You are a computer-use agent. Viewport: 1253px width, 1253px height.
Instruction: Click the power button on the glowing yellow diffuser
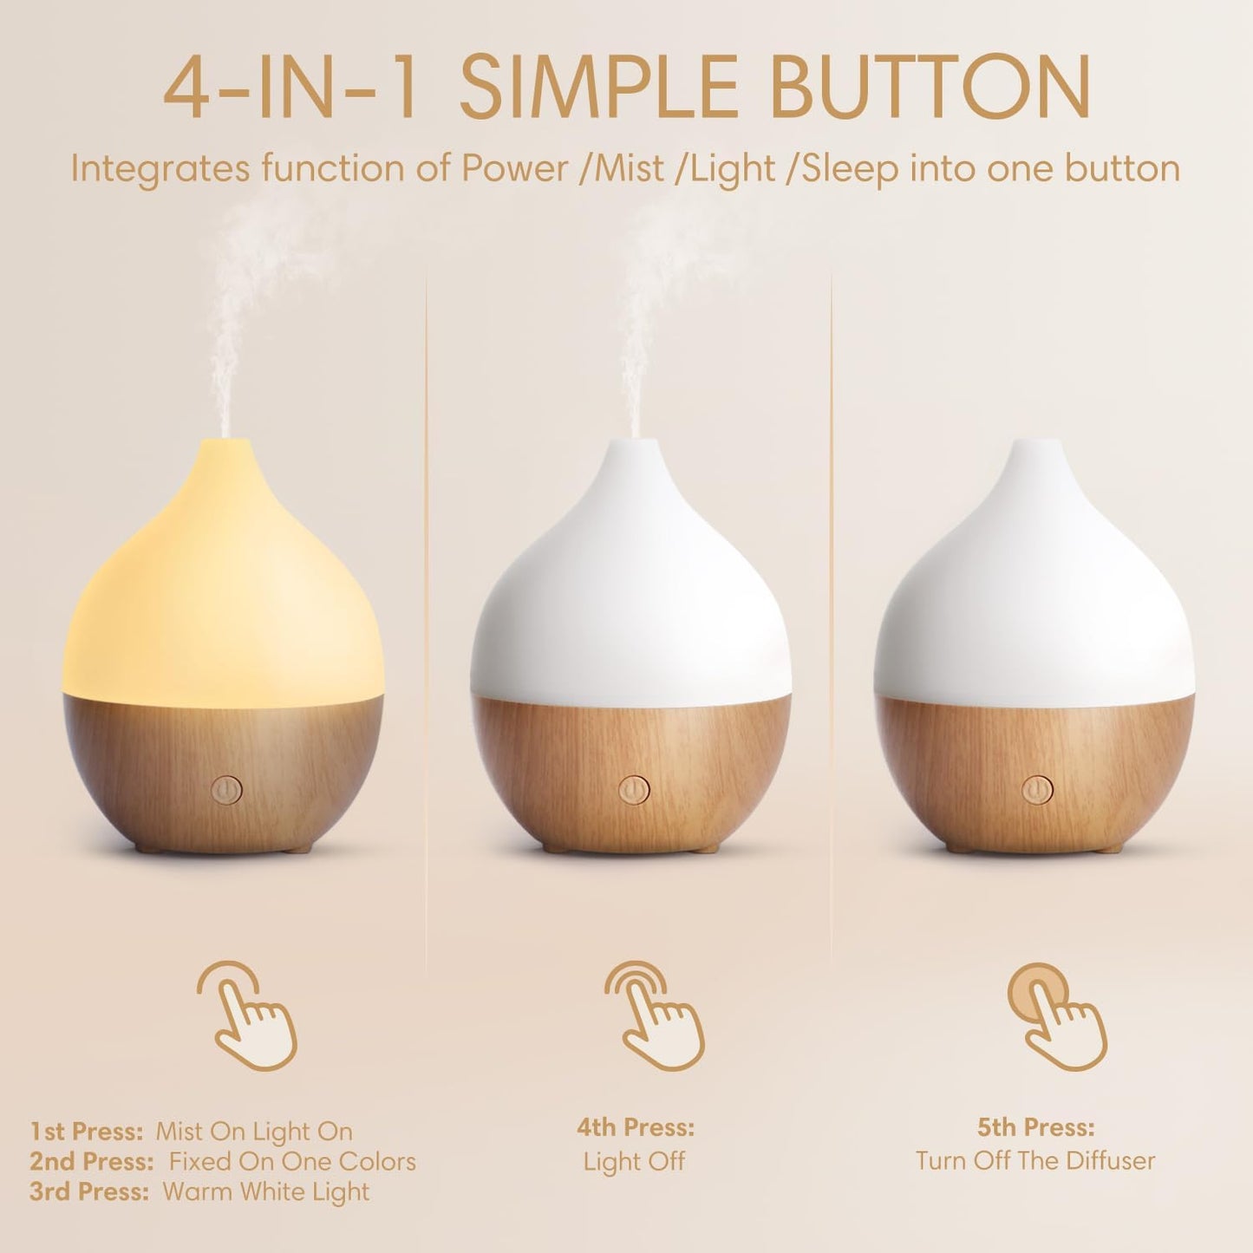click(x=226, y=790)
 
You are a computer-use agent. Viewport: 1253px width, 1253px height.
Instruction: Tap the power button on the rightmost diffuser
click(x=1036, y=790)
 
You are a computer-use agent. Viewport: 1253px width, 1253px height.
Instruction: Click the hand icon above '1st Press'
click(x=248, y=1015)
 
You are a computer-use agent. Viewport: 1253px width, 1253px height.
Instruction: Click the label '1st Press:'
click(x=86, y=1132)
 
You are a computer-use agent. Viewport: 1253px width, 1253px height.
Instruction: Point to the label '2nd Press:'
click(x=91, y=1161)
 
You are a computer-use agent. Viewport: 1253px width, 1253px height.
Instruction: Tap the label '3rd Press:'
click(x=89, y=1191)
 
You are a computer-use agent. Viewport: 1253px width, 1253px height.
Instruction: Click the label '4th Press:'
click(x=636, y=1127)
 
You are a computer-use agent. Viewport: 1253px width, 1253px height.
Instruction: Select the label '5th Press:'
click(x=1035, y=1127)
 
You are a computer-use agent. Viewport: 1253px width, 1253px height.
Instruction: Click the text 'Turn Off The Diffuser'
click(x=1035, y=1160)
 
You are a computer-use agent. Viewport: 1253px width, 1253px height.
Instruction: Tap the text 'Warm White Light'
click(x=265, y=1191)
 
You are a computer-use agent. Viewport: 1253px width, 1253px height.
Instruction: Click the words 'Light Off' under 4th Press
click(x=634, y=1161)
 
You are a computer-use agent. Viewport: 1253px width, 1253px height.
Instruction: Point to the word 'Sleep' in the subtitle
click(x=850, y=168)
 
